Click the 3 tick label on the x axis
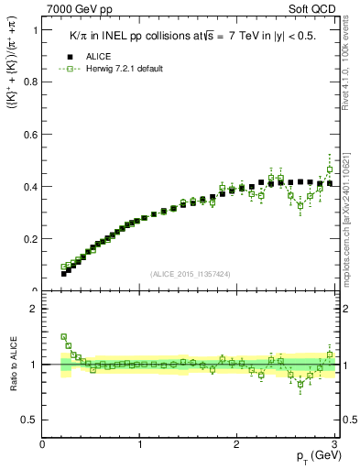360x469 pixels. point(335,444)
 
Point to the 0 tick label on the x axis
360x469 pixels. point(43,444)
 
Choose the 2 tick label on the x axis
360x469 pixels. point(237,444)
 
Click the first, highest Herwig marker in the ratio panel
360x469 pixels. point(64,336)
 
